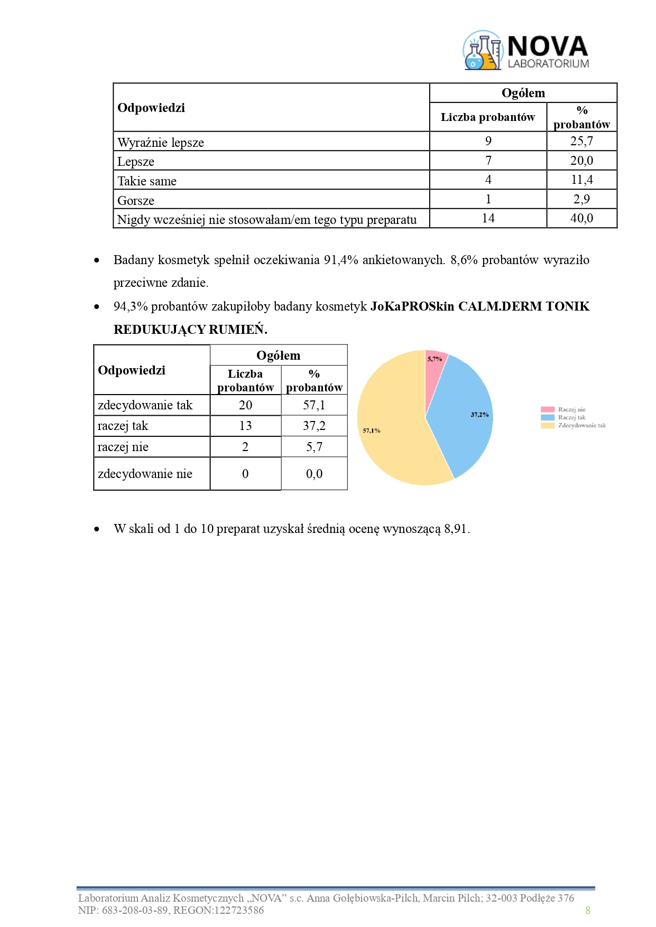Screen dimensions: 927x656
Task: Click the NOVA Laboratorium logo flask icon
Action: [x=482, y=51]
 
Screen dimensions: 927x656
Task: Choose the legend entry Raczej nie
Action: [x=571, y=409]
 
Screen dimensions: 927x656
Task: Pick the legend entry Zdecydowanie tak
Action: [x=581, y=425]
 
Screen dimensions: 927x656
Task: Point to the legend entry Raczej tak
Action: [x=571, y=417]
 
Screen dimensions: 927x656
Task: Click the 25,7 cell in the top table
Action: [x=581, y=141]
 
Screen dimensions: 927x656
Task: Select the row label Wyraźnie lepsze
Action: [x=161, y=143]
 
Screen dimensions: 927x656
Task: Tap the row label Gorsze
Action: [x=136, y=201]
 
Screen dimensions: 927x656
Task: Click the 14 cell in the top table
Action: [x=488, y=218]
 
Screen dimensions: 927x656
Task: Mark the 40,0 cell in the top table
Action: [x=581, y=218]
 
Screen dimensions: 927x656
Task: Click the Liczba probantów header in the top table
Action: [x=487, y=117]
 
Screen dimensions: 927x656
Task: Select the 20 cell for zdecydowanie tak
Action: [x=245, y=405]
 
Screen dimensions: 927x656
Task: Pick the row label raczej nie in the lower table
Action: [x=123, y=447]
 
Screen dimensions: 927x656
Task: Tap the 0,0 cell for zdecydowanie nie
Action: [x=314, y=474]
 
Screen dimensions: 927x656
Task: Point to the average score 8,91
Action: [x=456, y=529]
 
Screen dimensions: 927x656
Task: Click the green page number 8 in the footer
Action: [x=587, y=910]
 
